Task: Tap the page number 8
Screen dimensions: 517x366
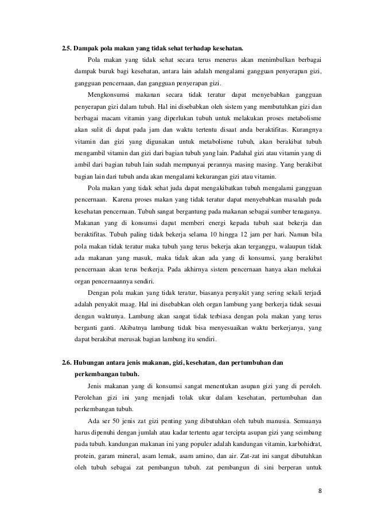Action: pos(320,490)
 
